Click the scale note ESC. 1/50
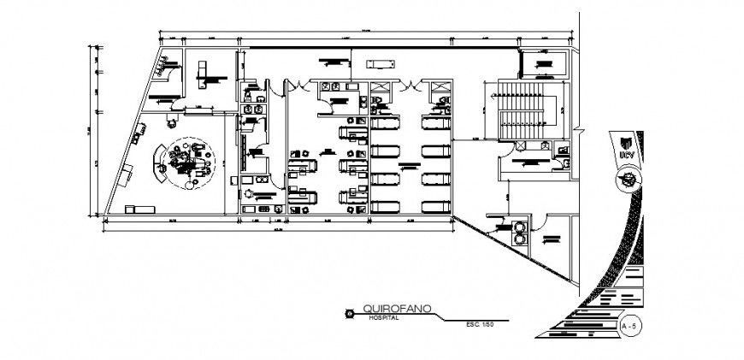point(481,324)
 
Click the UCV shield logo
point(626,145)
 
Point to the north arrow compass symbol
point(630,180)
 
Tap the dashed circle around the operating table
point(187,162)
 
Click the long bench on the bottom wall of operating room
point(140,208)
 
